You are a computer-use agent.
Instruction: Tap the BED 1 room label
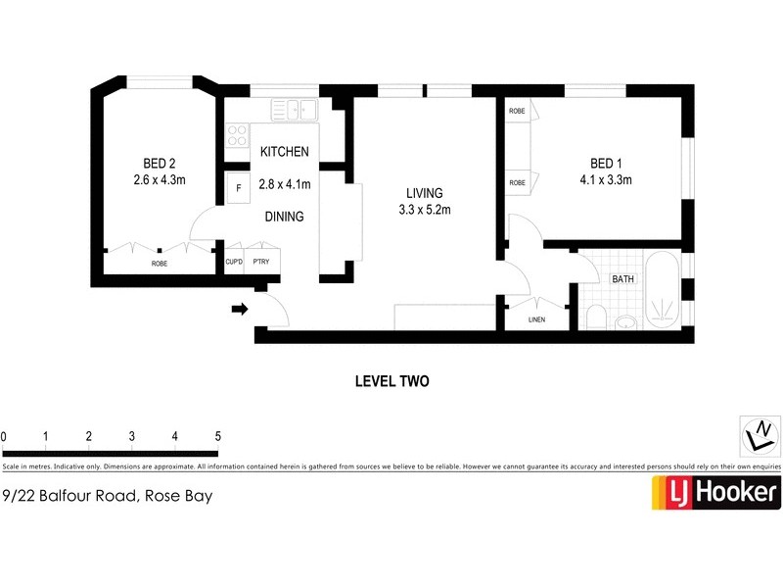[x=606, y=163]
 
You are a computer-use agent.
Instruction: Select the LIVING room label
[x=425, y=192]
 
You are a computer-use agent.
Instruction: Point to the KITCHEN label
[x=284, y=152]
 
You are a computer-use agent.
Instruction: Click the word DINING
[x=283, y=217]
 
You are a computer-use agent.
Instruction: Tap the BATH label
[x=622, y=279]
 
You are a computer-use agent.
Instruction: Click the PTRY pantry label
[x=260, y=262]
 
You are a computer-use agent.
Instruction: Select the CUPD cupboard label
[x=234, y=262]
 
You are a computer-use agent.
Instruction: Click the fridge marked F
[x=238, y=187]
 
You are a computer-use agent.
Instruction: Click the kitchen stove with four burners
[x=237, y=134]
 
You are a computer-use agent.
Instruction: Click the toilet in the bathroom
[x=596, y=316]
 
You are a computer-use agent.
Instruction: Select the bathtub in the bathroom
[x=662, y=290]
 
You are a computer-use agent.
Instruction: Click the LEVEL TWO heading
[x=391, y=381]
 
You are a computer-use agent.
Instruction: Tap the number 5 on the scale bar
[x=217, y=436]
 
